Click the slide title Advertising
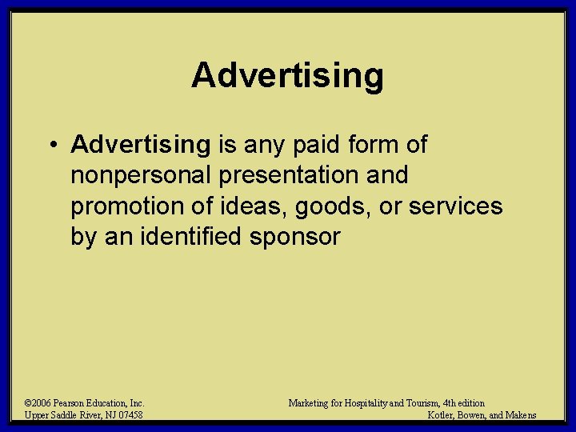(287, 76)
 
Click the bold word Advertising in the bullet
(140, 145)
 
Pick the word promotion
(128, 206)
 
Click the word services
(456, 206)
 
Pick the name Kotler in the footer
(442, 415)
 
